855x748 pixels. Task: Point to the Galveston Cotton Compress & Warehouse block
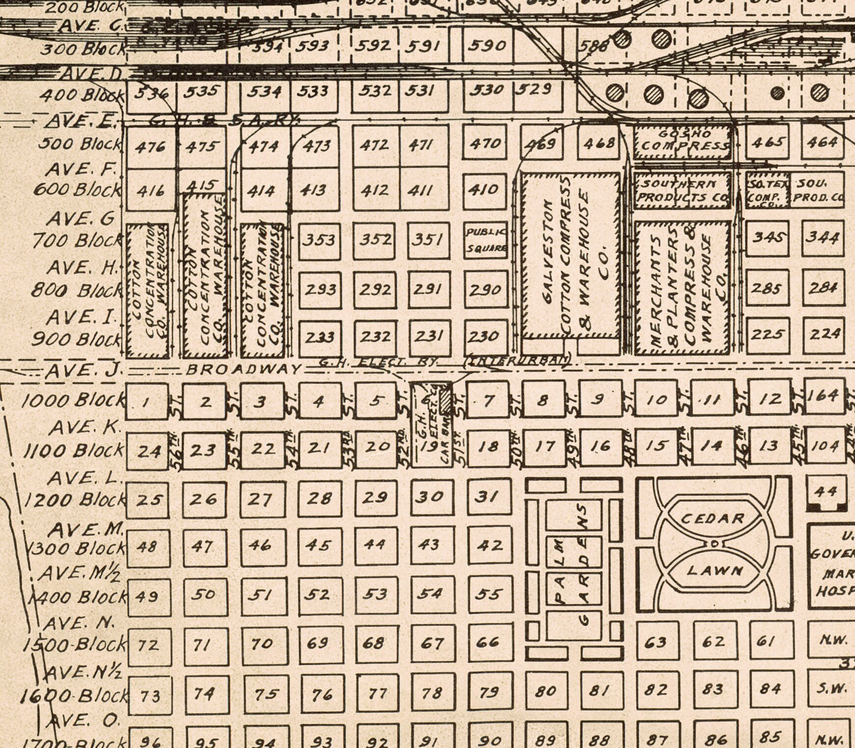click(570, 255)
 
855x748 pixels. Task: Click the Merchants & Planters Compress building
click(682, 287)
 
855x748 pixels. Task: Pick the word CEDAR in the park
click(712, 518)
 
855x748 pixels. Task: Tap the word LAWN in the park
click(715, 570)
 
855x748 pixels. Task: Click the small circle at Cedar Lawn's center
click(715, 544)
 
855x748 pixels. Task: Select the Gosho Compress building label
click(682, 140)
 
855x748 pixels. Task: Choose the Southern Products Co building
click(682, 190)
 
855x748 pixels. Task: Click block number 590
click(487, 46)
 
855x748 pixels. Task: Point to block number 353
click(320, 240)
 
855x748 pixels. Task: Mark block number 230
click(484, 337)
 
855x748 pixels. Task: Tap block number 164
click(823, 396)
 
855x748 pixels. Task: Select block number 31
click(487, 497)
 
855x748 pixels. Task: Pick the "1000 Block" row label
click(73, 401)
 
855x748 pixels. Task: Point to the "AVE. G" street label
click(81, 218)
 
